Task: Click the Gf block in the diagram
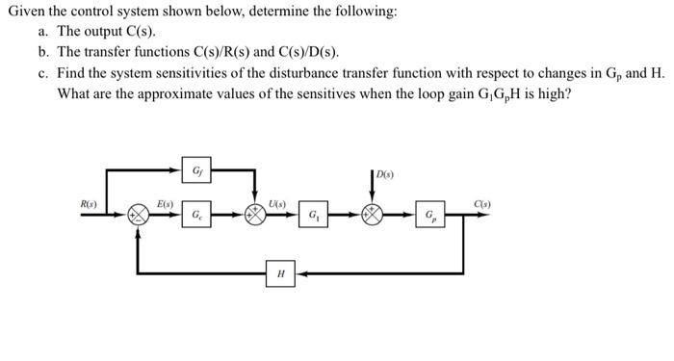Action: click(196, 171)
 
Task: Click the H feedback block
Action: click(280, 274)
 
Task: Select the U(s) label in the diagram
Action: click(277, 202)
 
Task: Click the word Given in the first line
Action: click(26, 13)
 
